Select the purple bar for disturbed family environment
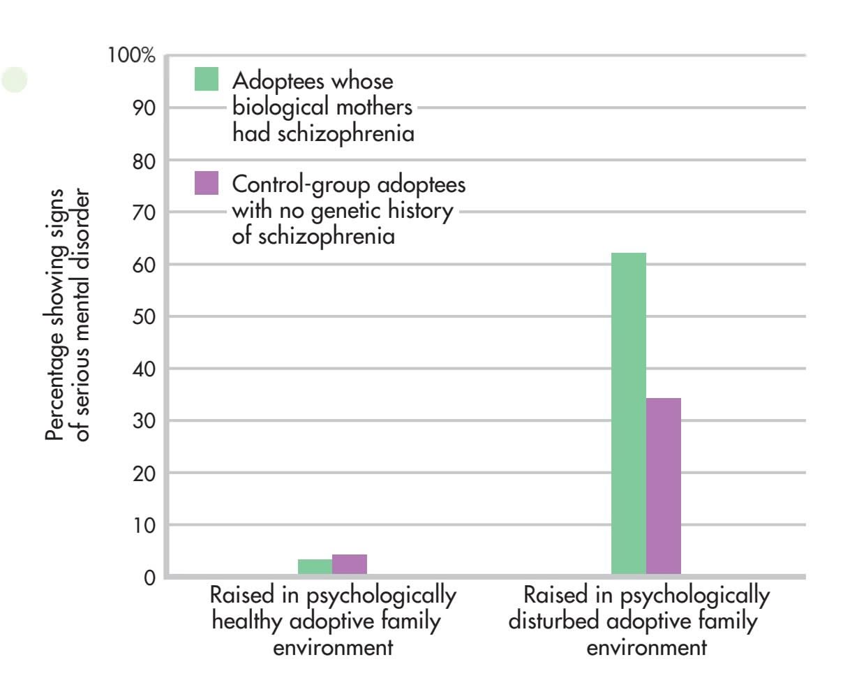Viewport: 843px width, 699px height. [x=664, y=487]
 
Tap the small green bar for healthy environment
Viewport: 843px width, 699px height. [x=315, y=567]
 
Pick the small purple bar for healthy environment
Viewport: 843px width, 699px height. [x=350, y=565]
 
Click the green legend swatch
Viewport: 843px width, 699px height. [x=206, y=80]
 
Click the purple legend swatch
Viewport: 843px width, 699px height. [x=206, y=183]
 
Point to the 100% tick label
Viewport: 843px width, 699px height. [x=132, y=56]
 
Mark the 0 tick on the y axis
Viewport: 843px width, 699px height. [x=149, y=578]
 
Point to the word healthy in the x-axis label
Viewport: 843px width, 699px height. [x=242, y=621]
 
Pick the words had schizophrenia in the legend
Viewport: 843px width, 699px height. [x=323, y=133]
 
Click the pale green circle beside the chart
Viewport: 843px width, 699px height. [x=14, y=80]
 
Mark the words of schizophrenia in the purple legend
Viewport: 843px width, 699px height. [x=313, y=236]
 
